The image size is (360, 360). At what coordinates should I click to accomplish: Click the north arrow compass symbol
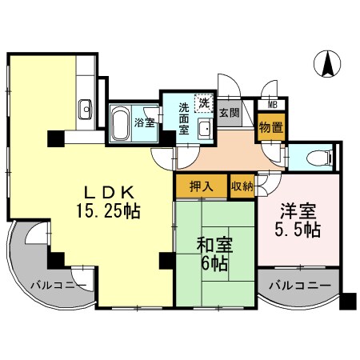(x=327, y=63)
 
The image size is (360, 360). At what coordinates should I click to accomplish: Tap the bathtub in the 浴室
(x=120, y=123)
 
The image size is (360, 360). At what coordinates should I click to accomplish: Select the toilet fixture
(x=318, y=158)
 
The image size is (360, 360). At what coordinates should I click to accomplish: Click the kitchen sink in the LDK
(x=86, y=109)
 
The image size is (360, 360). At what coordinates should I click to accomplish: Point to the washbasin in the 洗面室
(x=206, y=129)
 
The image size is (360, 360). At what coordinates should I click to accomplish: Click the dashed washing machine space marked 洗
(x=204, y=102)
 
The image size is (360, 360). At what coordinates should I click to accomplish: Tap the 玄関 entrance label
(x=230, y=113)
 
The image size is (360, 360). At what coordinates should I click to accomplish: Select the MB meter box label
(x=272, y=105)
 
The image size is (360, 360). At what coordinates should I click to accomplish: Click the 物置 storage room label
(x=271, y=128)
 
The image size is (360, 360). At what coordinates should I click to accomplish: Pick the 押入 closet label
(x=202, y=186)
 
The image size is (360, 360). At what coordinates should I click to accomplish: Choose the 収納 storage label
(x=242, y=186)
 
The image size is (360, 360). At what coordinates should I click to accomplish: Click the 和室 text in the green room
(x=214, y=245)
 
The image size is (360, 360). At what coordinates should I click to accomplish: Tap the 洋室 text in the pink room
(x=298, y=211)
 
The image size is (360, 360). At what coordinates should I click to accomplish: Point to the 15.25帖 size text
(x=108, y=211)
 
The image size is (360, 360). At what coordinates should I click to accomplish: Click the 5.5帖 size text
(x=298, y=230)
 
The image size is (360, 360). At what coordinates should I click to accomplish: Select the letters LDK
(x=109, y=193)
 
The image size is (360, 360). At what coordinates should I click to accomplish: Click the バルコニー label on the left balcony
(x=58, y=286)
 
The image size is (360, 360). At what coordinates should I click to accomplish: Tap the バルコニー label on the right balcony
(x=300, y=286)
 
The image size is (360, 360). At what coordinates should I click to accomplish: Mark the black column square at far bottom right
(x=348, y=302)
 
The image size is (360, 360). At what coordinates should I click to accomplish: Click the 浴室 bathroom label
(x=145, y=122)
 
